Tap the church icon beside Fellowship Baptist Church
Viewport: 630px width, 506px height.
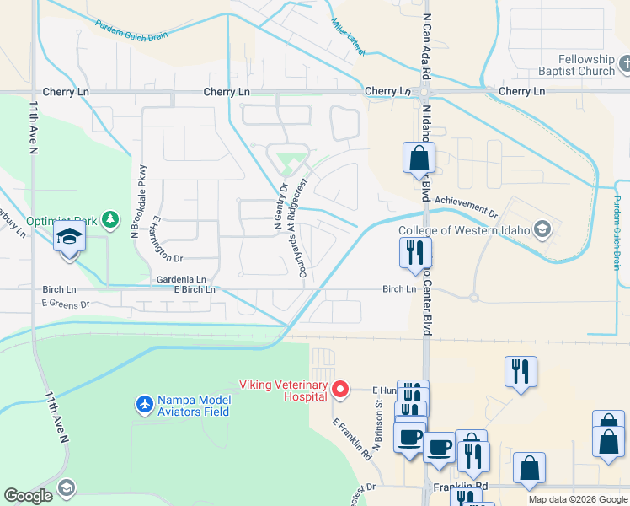point(624,63)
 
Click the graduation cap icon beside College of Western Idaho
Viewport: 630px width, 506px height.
point(543,229)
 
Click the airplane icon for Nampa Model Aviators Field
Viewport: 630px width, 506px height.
point(144,405)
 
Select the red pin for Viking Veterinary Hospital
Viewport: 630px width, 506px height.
point(340,389)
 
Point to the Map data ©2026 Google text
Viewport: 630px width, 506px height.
point(578,499)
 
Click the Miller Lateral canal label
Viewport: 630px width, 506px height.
point(347,38)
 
